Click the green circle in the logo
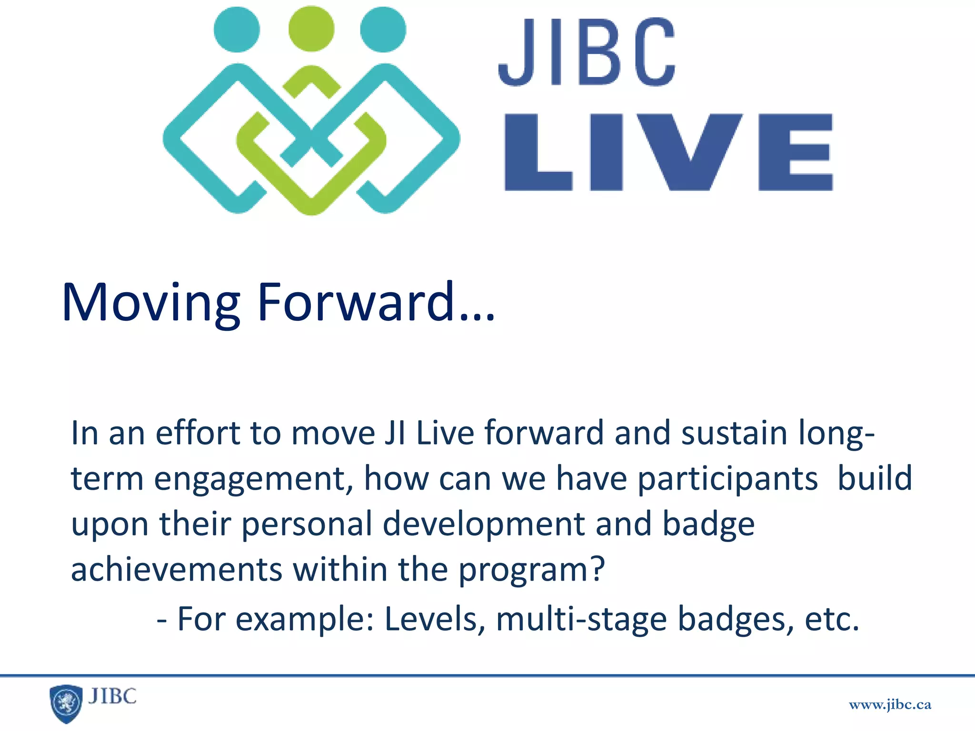(x=311, y=29)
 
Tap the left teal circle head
(x=237, y=29)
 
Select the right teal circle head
(x=383, y=29)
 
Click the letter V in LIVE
(x=690, y=151)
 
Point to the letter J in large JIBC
(x=516, y=52)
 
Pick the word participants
(x=727, y=479)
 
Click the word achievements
(x=176, y=569)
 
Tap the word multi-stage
(x=581, y=619)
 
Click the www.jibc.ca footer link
(x=890, y=705)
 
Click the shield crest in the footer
(x=66, y=703)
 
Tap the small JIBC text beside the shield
(x=112, y=696)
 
